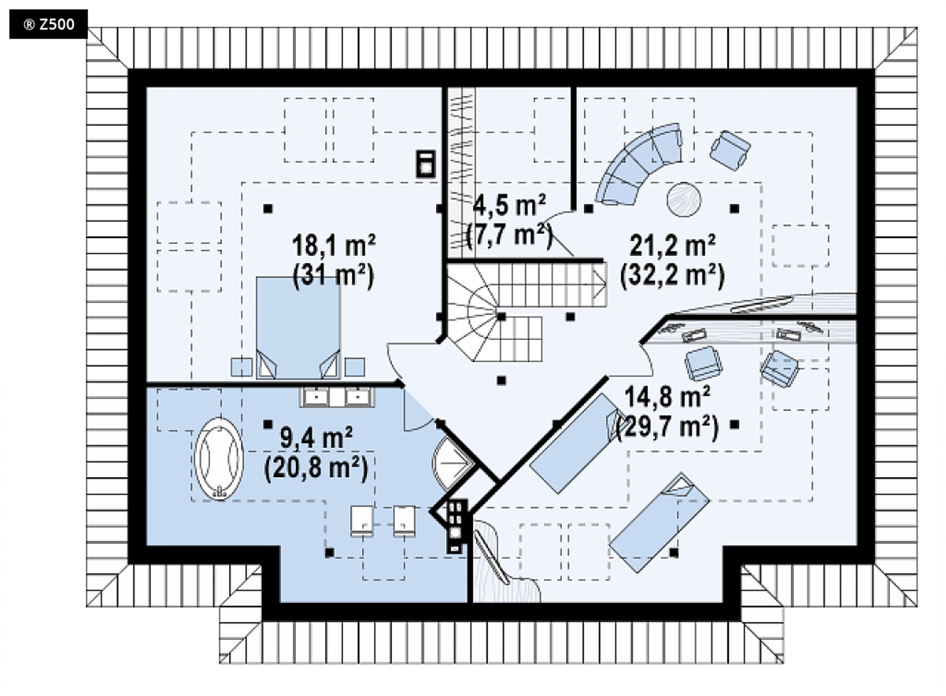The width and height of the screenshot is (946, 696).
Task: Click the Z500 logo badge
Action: coord(49,24)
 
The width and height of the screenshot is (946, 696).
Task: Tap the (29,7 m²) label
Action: coord(667,427)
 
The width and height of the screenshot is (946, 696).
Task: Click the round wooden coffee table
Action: coord(684,199)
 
